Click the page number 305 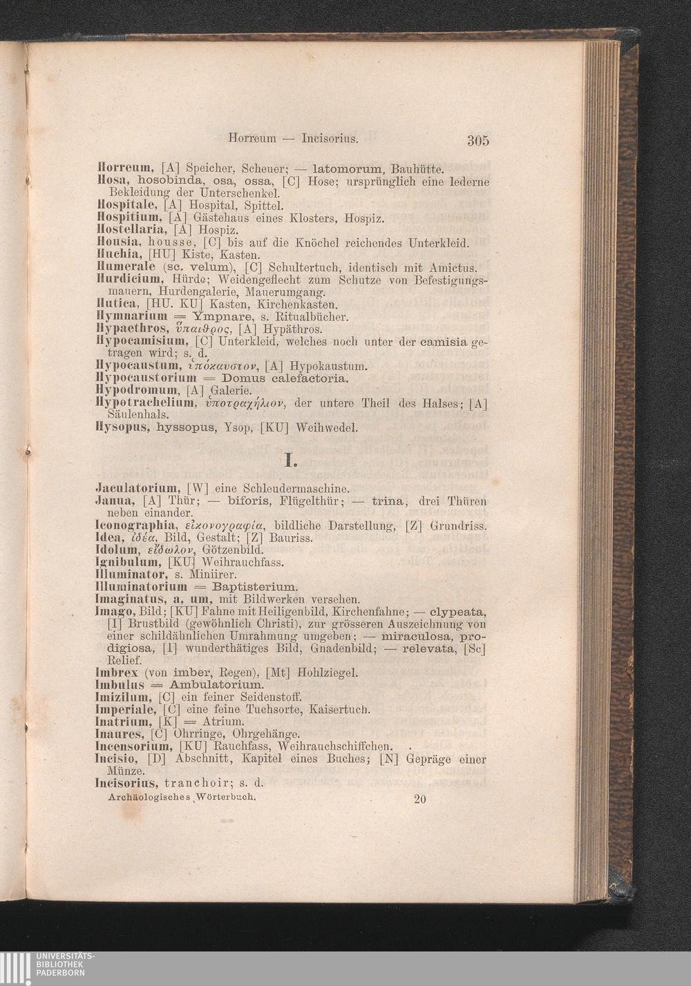pos(477,141)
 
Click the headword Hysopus pos(122,427)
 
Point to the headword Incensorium pos(133,746)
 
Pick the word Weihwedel pos(326,428)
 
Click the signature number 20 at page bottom pos(420,800)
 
